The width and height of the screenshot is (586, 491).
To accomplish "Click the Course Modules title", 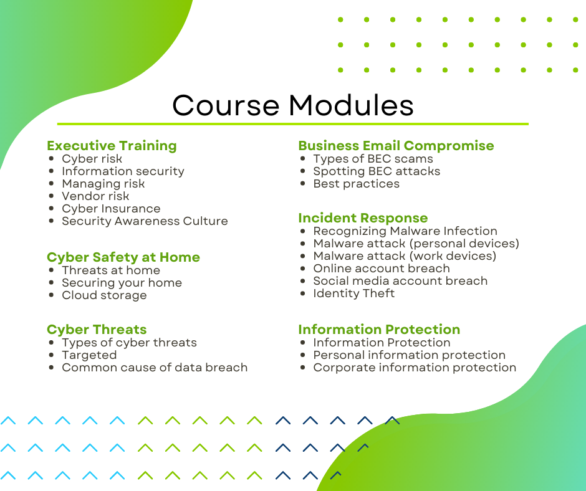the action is pos(292,105).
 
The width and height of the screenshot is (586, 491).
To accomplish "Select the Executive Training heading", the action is pos(112,145).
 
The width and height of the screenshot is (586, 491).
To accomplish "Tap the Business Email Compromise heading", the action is pos(396,145).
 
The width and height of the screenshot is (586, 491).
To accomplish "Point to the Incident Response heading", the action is pos(363,217).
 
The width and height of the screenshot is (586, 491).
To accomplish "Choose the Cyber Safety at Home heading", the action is pos(123,257).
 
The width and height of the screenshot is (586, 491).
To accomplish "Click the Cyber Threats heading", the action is pos(97,329).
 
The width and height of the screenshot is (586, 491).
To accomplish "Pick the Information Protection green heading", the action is pos(379,329).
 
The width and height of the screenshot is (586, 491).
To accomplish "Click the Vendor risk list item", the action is pos(95,196).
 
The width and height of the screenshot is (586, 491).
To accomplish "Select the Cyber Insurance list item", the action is pos(111,209).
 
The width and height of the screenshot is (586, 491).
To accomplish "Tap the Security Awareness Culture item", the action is pos(145,221).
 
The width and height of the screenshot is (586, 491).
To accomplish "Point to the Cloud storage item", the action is pos(104,295).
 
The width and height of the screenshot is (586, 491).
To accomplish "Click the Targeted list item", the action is pos(89,355).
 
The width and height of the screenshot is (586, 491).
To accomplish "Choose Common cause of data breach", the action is pos(155,368).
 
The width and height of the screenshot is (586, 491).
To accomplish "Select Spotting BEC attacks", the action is pos(377,171).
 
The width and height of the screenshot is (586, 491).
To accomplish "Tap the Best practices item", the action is pos(356,183).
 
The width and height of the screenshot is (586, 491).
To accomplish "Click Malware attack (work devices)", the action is pos(405,256).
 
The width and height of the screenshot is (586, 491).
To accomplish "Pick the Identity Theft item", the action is pos(353,293).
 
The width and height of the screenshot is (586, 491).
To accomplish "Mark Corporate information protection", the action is pos(415,368).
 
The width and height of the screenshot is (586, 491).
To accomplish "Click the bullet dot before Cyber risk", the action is pos(51,158).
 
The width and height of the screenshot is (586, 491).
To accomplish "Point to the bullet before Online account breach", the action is pos(303,269).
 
